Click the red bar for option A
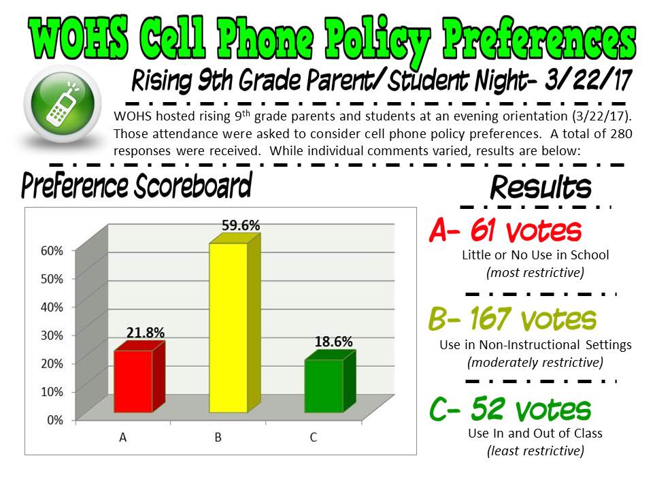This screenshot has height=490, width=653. coord(139,377)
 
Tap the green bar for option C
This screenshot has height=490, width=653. coord(330,381)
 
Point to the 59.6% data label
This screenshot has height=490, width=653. coord(241,225)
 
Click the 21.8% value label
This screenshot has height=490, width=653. coord(146,333)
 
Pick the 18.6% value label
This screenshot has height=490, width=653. coord(333,342)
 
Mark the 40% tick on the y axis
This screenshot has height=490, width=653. coord(52,307)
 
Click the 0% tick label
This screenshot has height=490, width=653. coord(55,420)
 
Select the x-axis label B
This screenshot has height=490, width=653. coord(218,438)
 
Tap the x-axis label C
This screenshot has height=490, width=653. coord(313,438)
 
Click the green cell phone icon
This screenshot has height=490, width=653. coord(63,103)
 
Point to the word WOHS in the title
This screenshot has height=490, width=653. coord(79,38)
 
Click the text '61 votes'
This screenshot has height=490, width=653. coord(526,230)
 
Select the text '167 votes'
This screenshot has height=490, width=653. coord(533,318)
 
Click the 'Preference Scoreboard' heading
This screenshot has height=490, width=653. coord(137,186)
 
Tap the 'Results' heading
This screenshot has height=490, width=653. coord(541,187)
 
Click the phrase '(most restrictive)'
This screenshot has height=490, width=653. coord(535,272)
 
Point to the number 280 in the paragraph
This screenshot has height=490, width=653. coord(621,134)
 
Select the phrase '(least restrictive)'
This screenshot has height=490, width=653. coord(535,451)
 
